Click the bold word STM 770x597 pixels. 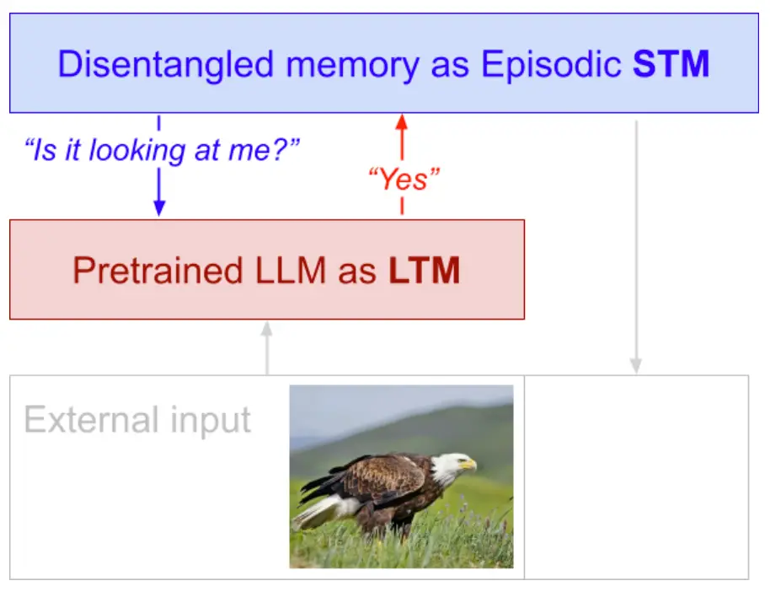pyautogui.click(x=671, y=64)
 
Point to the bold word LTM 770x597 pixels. pyautogui.click(x=425, y=270)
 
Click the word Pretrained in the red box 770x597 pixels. pyautogui.click(x=158, y=270)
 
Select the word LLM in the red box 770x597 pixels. pyautogui.click(x=291, y=270)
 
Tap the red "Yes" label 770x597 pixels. pyautogui.click(x=404, y=179)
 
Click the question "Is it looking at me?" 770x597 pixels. pyautogui.click(x=162, y=150)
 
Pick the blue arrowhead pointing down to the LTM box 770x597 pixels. pyautogui.click(x=159, y=208)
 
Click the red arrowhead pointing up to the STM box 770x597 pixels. pyautogui.click(x=402, y=122)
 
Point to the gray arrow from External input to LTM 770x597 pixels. pyautogui.click(x=267, y=348)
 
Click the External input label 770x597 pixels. pyautogui.click(x=137, y=421)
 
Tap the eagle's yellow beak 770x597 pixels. pyautogui.click(x=468, y=464)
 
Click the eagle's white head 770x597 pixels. pyautogui.click(x=449, y=467)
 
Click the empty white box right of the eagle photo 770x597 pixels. pyautogui.click(x=636, y=477)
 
